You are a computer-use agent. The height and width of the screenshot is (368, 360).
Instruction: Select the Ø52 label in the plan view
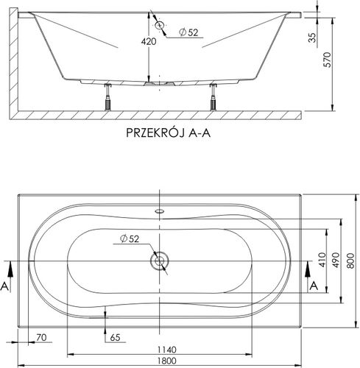click(130, 237)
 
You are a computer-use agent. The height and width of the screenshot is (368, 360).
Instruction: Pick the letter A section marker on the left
click(7, 284)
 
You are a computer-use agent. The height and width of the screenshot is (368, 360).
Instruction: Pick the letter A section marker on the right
click(314, 284)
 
